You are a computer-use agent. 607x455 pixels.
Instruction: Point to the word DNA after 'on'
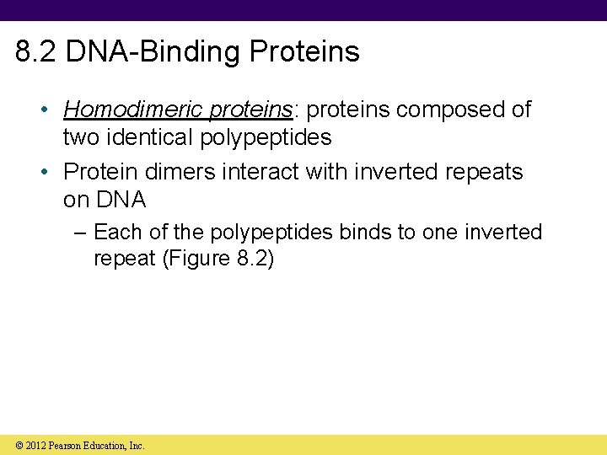121,200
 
